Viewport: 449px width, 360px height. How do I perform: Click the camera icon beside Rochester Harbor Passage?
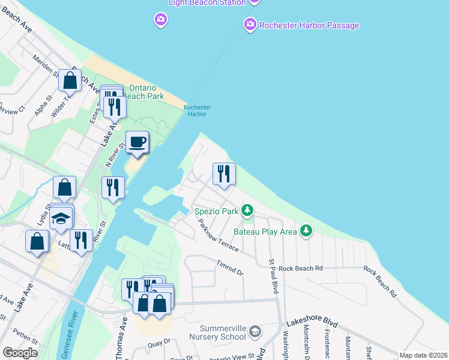click(x=250, y=25)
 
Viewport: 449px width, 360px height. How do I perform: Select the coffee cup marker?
click(x=137, y=143)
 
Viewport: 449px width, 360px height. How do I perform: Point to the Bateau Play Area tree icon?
click(x=306, y=231)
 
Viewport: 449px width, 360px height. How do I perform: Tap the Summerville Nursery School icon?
click(x=255, y=332)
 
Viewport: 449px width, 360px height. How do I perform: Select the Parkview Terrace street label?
click(x=219, y=235)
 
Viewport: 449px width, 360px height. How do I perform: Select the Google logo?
click(x=20, y=353)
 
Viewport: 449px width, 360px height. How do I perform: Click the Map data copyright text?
click(x=423, y=355)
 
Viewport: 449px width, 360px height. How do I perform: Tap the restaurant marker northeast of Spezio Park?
click(x=224, y=174)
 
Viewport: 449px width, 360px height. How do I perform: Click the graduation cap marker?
click(x=61, y=217)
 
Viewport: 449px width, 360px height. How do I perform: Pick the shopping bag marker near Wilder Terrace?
click(x=70, y=80)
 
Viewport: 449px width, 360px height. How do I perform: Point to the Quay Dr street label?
click(x=159, y=342)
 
